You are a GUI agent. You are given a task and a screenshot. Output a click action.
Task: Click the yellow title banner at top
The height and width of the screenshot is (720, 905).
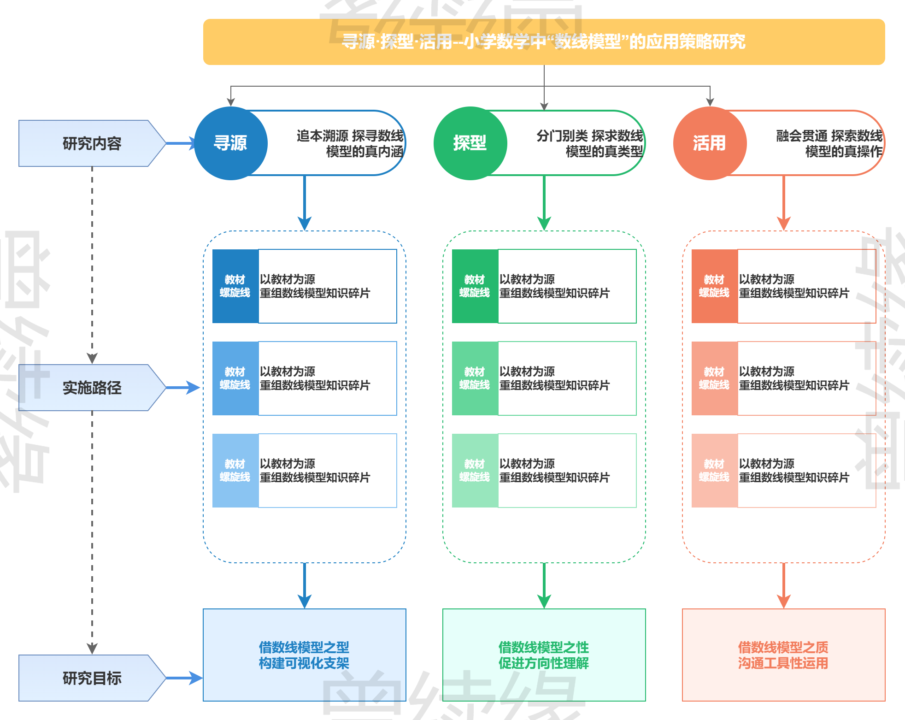544,41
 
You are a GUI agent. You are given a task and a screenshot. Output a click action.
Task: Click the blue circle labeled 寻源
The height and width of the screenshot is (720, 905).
230,143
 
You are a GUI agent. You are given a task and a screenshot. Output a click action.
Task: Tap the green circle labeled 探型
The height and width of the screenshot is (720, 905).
470,143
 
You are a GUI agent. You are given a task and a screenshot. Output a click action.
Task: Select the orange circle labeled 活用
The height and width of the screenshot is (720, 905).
710,143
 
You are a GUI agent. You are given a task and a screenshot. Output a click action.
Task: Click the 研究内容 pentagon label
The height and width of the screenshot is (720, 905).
92,143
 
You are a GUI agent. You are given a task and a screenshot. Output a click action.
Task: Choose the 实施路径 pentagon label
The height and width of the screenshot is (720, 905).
92,388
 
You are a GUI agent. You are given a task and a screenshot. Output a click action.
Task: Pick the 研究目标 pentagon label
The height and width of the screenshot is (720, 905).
92,678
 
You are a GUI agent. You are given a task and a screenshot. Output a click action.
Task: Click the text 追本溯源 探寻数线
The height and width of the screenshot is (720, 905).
350,136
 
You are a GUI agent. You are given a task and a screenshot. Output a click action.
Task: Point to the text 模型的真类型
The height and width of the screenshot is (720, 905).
604,151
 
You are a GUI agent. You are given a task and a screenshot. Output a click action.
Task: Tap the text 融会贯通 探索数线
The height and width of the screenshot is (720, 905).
829,136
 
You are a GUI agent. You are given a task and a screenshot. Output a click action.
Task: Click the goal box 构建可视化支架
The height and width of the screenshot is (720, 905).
304,655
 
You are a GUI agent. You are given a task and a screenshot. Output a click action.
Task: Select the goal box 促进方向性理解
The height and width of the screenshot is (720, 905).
544,655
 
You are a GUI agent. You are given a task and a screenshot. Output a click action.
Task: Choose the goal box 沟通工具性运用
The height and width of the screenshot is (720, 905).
783,655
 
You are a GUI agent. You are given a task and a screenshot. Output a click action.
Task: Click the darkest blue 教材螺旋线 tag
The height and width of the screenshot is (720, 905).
235,286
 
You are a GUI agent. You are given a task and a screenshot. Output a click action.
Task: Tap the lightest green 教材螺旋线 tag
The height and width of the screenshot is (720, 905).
475,471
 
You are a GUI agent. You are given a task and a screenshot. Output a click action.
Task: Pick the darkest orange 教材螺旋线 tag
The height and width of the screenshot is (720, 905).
715,286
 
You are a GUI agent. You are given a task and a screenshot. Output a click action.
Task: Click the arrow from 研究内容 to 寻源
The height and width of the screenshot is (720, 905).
181,143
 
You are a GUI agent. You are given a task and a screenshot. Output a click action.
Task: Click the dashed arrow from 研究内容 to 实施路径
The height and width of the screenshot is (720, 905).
92,263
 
